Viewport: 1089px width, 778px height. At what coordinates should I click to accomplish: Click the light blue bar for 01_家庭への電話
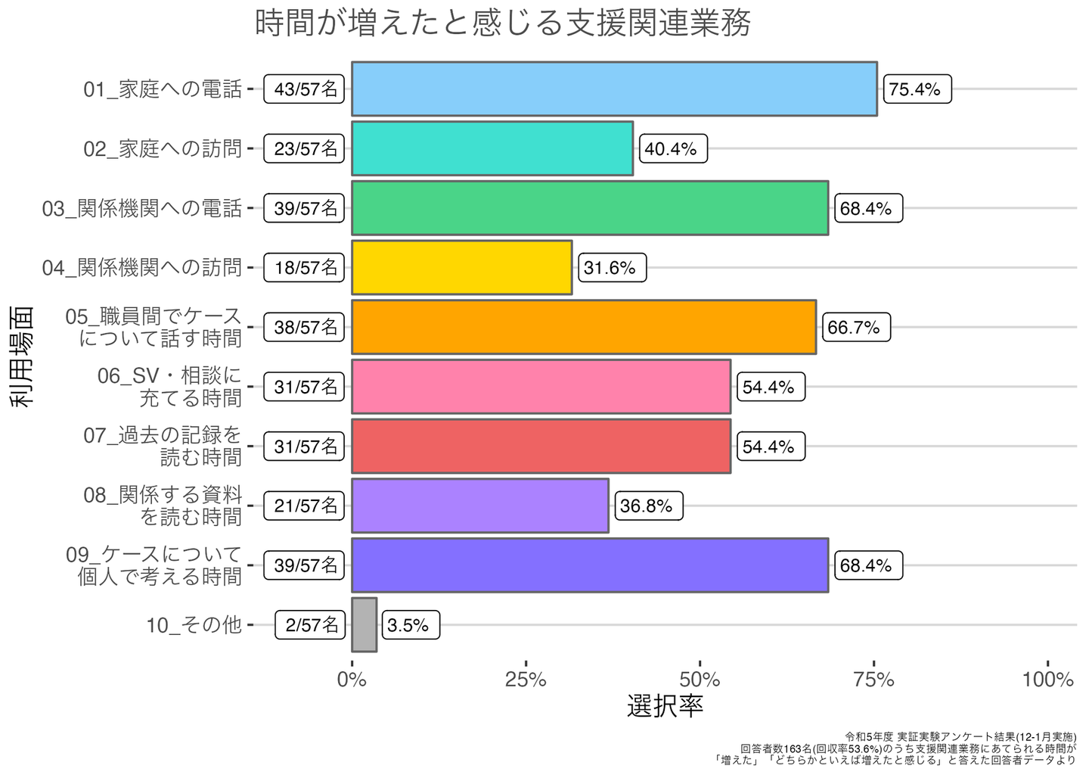click(614, 89)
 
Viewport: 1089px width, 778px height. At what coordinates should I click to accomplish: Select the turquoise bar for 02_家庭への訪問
click(492, 148)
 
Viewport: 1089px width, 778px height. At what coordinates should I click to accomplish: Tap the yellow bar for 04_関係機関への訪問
click(461, 267)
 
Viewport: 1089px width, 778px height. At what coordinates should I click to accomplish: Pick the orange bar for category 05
click(584, 327)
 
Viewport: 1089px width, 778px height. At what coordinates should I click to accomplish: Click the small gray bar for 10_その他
click(364, 624)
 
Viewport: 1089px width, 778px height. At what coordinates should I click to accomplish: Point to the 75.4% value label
click(917, 89)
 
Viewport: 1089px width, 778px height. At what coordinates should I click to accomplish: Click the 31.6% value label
click(612, 268)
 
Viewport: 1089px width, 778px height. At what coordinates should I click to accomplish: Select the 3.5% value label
click(410, 625)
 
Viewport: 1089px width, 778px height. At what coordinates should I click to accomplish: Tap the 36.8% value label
click(648, 506)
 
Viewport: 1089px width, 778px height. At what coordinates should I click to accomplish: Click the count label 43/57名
click(304, 89)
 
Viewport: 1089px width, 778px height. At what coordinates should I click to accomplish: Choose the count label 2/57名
click(310, 625)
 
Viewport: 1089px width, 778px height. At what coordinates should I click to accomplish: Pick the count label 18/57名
click(304, 268)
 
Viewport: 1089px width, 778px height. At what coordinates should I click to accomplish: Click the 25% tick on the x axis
click(526, 680)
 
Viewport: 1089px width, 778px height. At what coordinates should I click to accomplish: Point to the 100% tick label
click(1047, 680)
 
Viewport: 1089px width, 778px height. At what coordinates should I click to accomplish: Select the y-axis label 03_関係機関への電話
click(142, 208)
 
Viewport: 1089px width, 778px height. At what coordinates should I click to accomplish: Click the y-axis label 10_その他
click(194, 625)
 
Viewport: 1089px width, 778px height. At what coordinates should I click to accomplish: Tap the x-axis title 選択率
click(665, 705)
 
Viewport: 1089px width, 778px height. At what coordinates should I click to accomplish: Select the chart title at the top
click(503, 23)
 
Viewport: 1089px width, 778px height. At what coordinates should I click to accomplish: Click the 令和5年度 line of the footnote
click(960, 736)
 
